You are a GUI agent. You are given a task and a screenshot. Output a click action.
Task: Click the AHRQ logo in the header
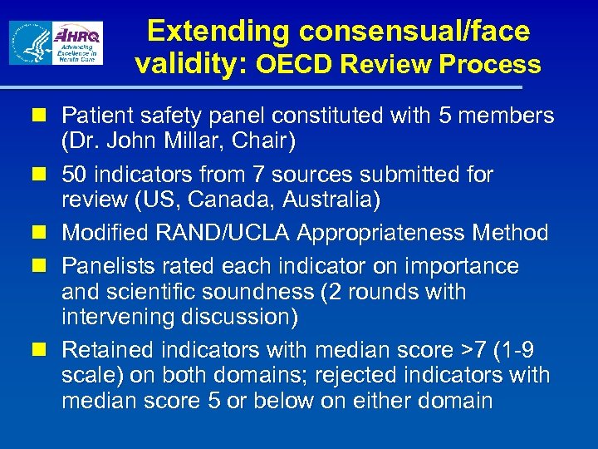[x=77, y=43]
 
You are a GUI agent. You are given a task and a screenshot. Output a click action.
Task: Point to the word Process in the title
[x=498, y=64]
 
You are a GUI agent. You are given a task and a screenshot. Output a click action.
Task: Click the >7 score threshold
[x=466, y=350]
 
